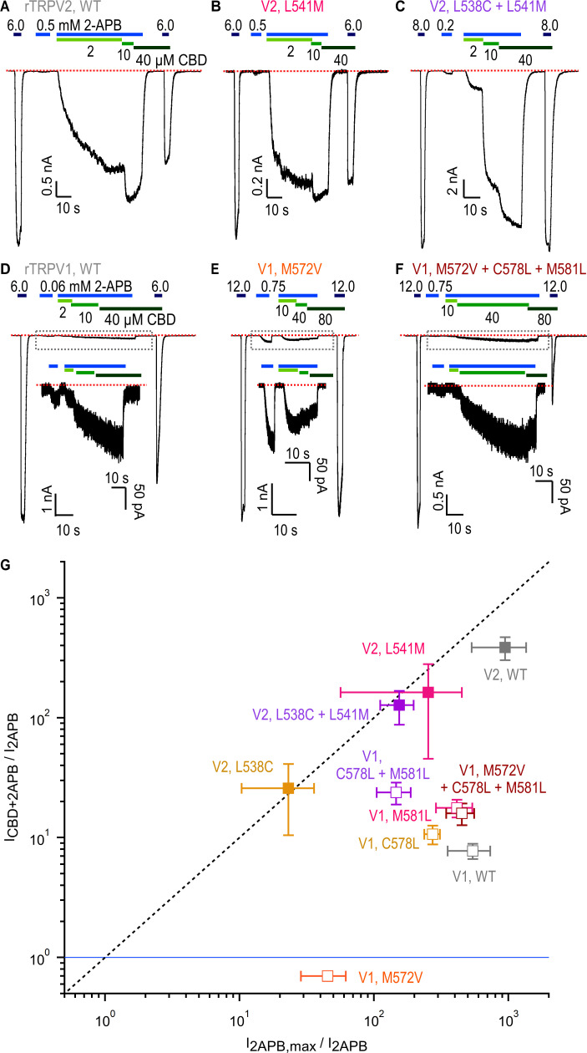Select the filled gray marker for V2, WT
[504, 647]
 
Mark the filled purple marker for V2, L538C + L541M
[399, 705]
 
